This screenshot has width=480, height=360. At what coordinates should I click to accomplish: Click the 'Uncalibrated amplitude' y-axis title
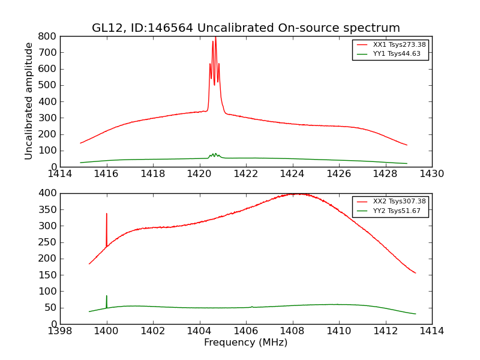[x=29, y=101]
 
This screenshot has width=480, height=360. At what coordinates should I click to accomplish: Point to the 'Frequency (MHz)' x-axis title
[x=245, y=343]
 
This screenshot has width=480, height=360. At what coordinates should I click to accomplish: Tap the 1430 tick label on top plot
[x=431, y=174]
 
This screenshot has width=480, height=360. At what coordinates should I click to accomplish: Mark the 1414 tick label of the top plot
[x=60, y=174]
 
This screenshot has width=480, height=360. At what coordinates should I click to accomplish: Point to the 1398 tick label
[x=60, y=331]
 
